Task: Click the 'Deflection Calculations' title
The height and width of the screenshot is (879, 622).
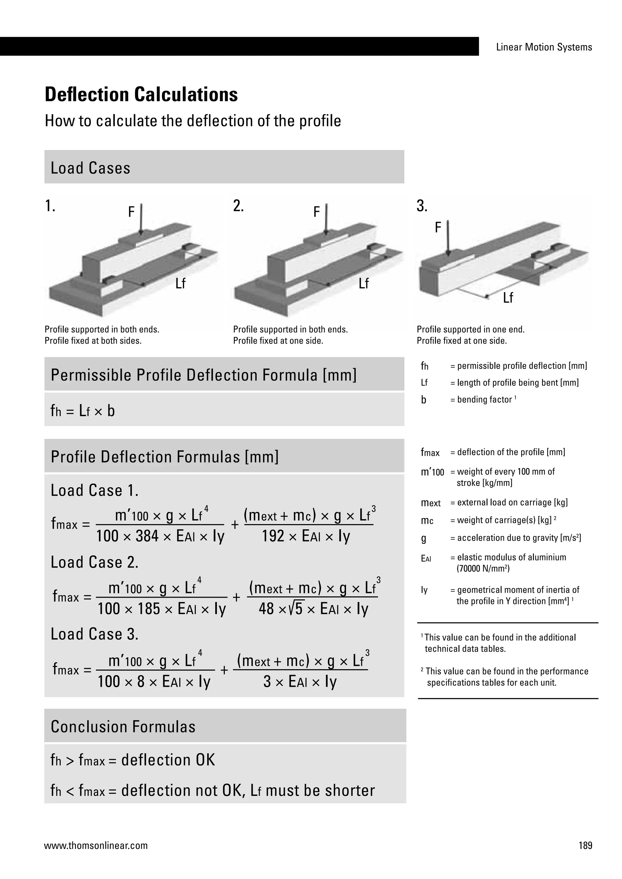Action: click(x=141, y=95)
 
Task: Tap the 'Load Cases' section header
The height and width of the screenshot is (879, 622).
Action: click(x=91, y=168)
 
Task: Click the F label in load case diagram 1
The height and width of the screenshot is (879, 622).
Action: click(x=132, y=212)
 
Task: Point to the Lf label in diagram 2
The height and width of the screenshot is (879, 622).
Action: click(x=364, y=284)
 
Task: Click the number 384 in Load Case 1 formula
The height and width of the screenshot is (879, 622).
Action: click(x=147, y=536)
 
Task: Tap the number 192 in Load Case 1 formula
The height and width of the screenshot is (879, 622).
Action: click(x=273, y=536)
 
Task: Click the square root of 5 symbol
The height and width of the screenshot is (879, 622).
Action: click(x=297, y=608)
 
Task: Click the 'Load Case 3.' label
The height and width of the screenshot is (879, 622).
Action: click(x=94, y=634)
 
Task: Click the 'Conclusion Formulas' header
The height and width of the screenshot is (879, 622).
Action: click(x=123, y=727)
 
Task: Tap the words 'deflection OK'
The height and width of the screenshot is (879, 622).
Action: click(x=168, y=760)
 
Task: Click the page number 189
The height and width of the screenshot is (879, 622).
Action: click(x=585, y=845)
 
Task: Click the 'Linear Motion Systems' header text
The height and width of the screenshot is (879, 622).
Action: click(x=544, y=47)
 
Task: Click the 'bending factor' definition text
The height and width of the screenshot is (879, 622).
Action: click(x=484, y=400)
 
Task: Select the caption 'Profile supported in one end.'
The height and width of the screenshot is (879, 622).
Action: click(x=470, y=329)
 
